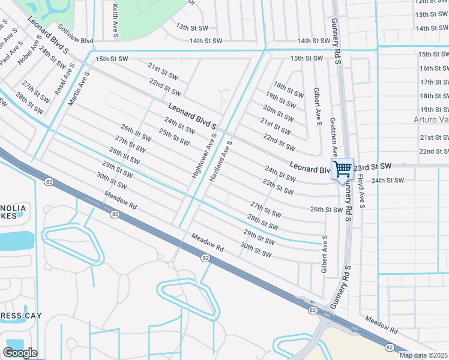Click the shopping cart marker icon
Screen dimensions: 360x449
click(x=342, y=169)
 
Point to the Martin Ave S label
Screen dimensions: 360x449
click(x=79, y=89)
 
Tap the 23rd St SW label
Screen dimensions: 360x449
click(x=372, y=166)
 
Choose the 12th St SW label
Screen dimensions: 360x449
click(x=432, y=2)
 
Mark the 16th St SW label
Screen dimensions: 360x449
click(x=434, y=68)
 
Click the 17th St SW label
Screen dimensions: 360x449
click(x=434, y=82)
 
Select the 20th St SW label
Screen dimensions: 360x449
click(x=279, y=113)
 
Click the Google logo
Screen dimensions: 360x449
click(x=20, y=353)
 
